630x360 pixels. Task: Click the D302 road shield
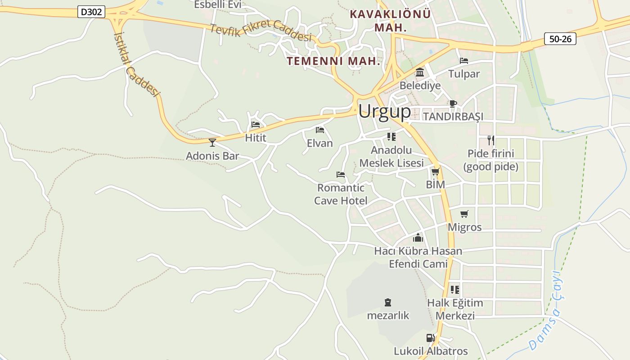91,12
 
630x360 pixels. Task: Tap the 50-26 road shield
560,39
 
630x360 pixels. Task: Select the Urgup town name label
384,111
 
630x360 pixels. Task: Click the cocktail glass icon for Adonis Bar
212,143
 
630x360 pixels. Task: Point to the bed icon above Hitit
256,125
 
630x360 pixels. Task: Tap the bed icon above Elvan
320,130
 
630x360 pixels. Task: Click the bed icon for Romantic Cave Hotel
341,175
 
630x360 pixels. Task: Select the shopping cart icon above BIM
435,171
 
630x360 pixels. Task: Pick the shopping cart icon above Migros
464,214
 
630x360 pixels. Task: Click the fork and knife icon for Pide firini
490,140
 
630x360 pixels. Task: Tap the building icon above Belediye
420,72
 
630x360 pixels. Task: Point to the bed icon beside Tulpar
464,61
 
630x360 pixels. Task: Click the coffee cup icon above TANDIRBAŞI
453,103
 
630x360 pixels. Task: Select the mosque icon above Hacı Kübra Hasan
418,238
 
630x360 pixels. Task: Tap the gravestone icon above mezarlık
388,302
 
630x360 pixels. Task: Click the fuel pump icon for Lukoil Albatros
430,338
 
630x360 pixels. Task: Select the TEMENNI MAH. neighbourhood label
334,61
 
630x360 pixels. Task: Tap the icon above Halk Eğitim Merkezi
455,289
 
